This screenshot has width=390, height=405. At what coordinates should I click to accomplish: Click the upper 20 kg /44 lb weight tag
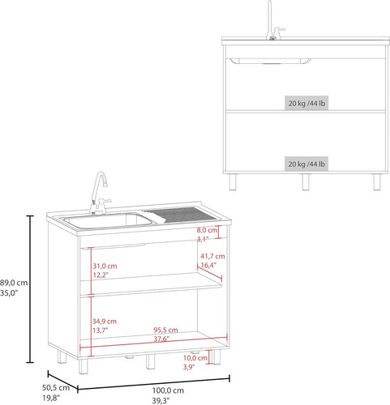point(306,103)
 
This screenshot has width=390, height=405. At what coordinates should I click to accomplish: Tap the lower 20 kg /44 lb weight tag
point(306,164)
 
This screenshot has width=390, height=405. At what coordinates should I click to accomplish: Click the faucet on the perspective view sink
point(100,193)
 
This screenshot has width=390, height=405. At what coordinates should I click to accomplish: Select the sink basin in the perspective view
point(106,221)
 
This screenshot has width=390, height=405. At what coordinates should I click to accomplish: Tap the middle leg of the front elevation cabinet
point(306,181)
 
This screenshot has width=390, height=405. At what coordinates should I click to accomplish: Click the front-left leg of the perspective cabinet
point(84,366)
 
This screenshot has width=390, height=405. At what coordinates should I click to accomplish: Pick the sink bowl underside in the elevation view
point(270,62)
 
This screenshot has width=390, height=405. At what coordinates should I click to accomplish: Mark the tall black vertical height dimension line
point(30,289)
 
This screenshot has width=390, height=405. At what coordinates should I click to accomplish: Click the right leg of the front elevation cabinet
point(377,181)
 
